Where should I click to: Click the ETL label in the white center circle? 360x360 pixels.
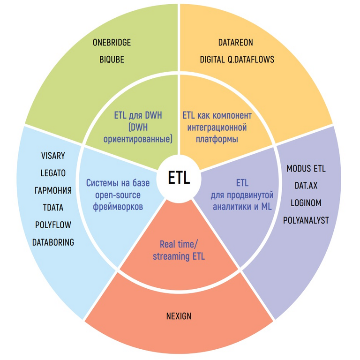click(179, 178)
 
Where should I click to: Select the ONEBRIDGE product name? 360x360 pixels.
click(112, 43)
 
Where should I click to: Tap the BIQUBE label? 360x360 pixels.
click(112, 60)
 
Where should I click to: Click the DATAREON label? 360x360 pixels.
click(235, 43)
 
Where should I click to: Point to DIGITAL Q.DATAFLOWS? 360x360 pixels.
click(237, 60)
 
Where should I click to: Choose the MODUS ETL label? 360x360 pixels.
click(306, 168)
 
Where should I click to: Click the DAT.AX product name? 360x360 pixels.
click(306, 186)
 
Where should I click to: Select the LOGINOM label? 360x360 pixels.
click(306, 203)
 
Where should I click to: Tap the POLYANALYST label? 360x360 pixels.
click(306, 220)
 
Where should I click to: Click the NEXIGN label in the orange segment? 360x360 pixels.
click(179, 315)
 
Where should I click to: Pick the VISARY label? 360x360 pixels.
click(53, 156)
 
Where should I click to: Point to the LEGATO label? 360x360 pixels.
click(53, 173)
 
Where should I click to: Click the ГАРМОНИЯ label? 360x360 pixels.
click(53, 190)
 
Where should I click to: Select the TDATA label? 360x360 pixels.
click(53, 208)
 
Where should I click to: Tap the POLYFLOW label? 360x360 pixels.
click(53, 225)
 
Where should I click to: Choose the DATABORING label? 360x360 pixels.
click(53, 242)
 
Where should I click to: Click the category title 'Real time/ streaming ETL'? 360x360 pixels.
click(179, 250)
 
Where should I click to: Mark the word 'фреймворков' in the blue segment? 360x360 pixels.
click(117, 206)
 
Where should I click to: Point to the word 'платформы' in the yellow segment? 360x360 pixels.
click(217, 139)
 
